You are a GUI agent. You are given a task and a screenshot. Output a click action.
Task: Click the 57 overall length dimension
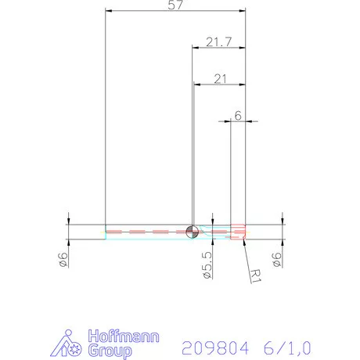point(176,6)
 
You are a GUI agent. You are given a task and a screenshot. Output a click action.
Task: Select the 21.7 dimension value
point(218,41)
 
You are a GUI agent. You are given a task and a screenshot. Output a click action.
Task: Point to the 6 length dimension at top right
point(238,115)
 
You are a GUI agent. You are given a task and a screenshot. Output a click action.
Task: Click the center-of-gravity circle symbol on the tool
point(193,231)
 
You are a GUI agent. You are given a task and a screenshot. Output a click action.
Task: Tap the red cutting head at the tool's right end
point(239,231)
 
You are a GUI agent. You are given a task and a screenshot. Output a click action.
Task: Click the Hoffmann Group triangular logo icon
point(70,345)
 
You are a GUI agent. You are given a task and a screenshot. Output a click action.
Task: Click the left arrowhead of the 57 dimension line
point(109,12)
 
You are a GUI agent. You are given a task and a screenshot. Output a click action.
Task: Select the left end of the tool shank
point(106,231)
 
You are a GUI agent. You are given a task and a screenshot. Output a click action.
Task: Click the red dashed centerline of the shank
point(149,231)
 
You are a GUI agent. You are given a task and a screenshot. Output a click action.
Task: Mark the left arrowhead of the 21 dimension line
point(196,84)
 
